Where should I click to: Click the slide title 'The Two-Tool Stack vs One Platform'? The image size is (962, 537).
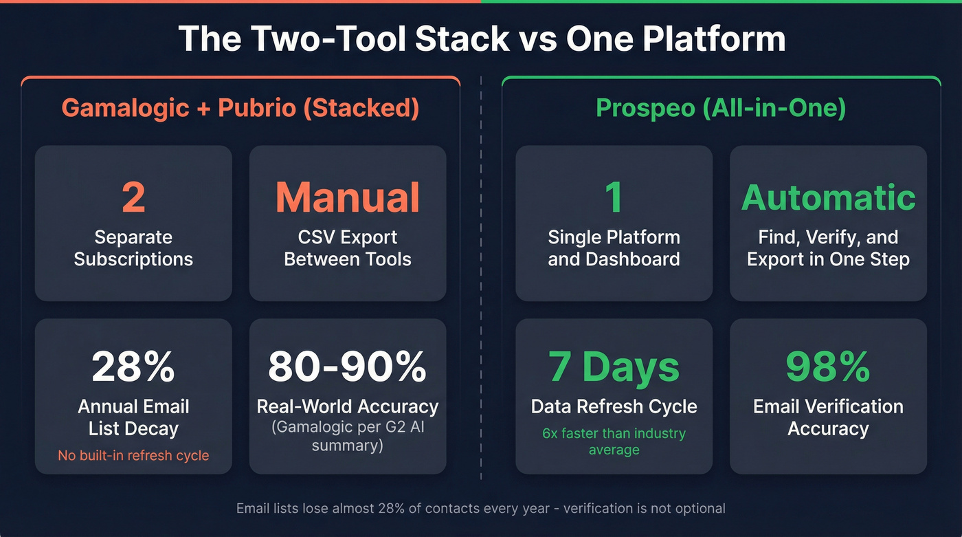coord(481,39)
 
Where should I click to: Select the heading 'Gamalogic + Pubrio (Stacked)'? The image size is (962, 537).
coord(240,108)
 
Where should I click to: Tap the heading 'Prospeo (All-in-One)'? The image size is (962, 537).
coord(721,108)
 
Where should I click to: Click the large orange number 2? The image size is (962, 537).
coord(133,198)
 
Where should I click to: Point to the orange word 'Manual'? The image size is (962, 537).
coord(348,198)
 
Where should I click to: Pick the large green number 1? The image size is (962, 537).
coord(614,198)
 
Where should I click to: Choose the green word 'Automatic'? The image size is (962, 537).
coord(828,198)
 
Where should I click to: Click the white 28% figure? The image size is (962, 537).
coord(133,368)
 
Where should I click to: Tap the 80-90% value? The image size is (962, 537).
coord(348,368)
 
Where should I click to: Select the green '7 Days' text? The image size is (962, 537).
coord(614,368)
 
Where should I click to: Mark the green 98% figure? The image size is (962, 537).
coord(828,368)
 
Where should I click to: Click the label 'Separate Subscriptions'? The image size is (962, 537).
coord(133,248)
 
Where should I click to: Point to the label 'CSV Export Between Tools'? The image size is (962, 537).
coord(348,248)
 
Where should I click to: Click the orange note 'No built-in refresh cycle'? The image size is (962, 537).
coord(133,455)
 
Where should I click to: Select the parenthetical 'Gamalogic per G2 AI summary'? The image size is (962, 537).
coord(348,436)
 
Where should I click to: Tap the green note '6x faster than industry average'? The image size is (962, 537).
coord(614,441)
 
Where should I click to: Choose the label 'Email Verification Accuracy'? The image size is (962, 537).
coord(828,417)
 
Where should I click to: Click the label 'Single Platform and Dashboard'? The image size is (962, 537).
coord(614,248)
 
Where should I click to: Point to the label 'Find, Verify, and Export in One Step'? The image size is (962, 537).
coord(828,248)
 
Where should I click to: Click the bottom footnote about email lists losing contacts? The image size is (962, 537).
coord(481,509)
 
